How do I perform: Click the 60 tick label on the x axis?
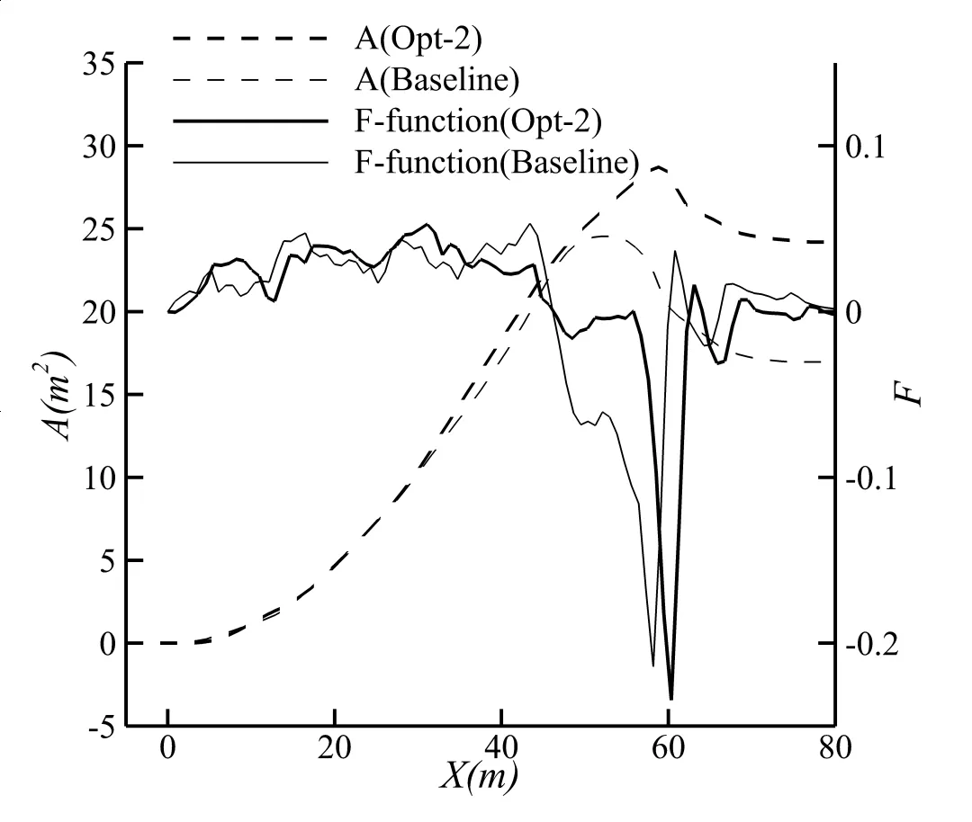tap(669, 749)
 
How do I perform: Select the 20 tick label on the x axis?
tap(335, 749)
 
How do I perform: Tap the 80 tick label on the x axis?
tap(835, 749)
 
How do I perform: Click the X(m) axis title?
tap(478, 775)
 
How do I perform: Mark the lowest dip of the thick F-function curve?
tap(670, 698)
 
